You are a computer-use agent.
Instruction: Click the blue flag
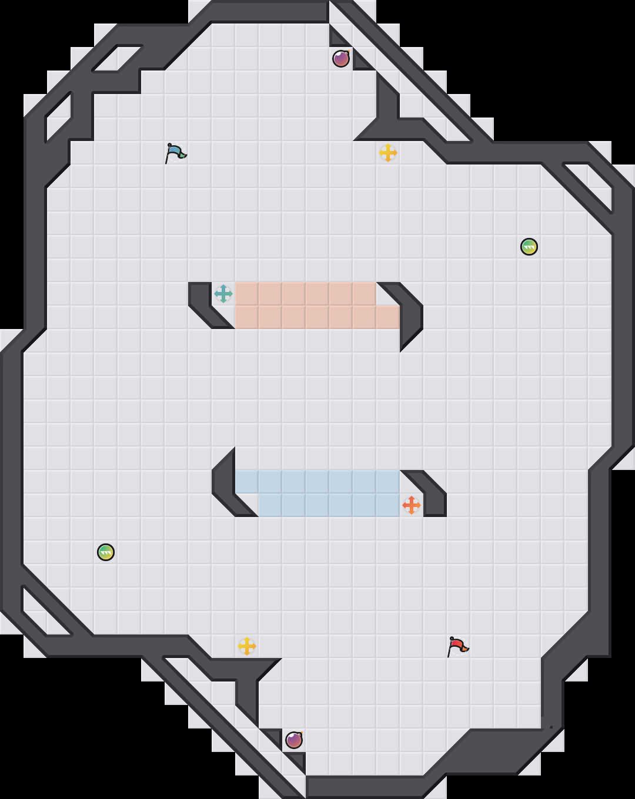175,152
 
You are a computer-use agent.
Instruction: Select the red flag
457,646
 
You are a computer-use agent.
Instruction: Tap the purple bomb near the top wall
341,59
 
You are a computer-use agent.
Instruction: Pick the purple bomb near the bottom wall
294,740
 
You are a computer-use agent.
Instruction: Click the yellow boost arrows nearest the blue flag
388,153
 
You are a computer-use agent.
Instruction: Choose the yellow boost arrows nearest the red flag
247,646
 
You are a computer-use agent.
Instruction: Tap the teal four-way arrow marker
223,294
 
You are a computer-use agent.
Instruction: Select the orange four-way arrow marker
412,505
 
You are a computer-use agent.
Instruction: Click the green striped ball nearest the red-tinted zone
529,247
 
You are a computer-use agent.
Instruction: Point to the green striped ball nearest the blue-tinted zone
106,552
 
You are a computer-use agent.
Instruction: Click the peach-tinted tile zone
306,305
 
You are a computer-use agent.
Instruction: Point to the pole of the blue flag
168,157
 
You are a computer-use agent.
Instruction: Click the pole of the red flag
450,650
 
